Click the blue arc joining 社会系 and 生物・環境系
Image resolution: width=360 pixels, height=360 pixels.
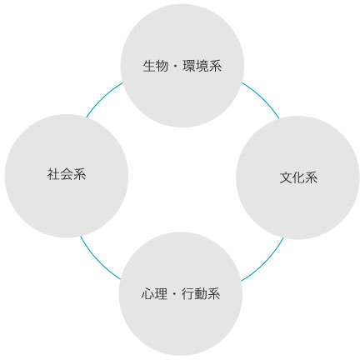pos(103,97)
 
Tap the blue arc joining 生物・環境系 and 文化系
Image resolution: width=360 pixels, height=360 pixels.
pos(262,98)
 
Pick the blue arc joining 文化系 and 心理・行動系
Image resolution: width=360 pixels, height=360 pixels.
pos(265,262)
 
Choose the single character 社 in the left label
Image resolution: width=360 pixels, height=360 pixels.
pos(53,174)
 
